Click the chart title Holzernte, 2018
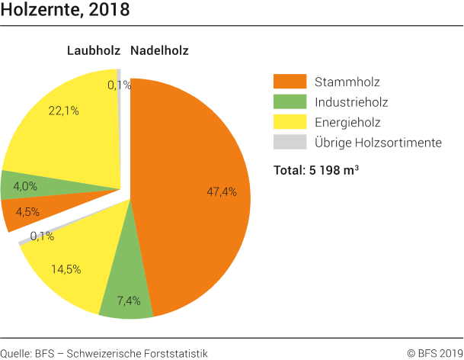click(x=65, y=11)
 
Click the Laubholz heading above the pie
click(x=94, y=51)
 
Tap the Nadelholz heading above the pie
click(x=159, y=51)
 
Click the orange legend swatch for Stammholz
click(x=290, y=81)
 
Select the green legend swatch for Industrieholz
click(x=290, y=101)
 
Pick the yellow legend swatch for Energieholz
click(x=290, y=122)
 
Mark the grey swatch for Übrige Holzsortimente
click(x=290, y=142)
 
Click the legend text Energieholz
click(x=347, y=122)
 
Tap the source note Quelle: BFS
click(x=104, y=352)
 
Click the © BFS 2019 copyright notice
click(x=434, y=352)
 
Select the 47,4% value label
click(x=222, y=191)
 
